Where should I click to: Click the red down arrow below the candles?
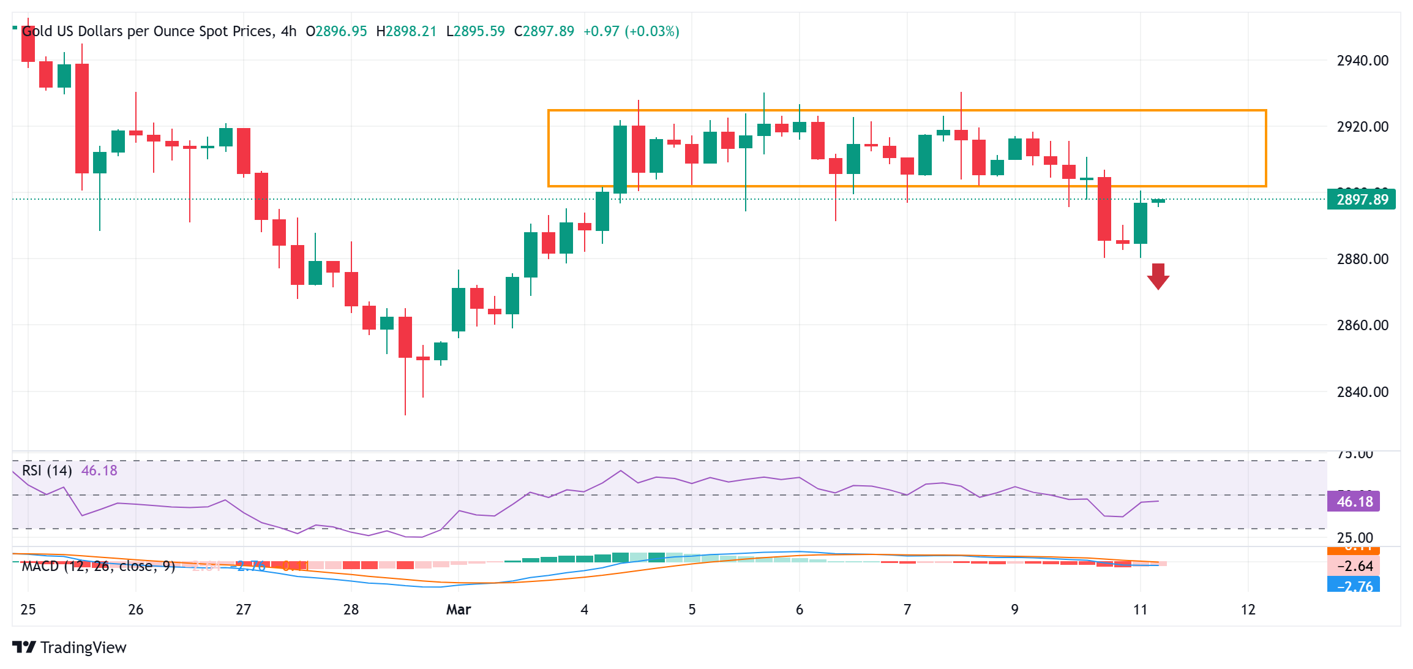[x=1158, y=276]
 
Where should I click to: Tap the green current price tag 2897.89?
[x=1361, y=200]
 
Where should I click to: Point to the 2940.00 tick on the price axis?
[x=1362, y=61]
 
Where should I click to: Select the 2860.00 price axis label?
[x=1362, y=325]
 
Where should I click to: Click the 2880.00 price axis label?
[x=1362, y=259]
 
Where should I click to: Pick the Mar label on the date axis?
[x=458, y=610]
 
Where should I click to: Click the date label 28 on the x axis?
[x=351, y=610]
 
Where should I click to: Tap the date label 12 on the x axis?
[x=1248, y=610]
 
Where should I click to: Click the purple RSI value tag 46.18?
[x=1354, y=502]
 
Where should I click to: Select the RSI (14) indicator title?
[x=47, y=471]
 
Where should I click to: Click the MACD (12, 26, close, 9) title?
[x=98, y=566]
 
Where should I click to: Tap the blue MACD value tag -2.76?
[x=1354, y=586]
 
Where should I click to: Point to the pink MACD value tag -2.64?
[x=1354, y=566]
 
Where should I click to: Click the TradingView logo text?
[x=83, y=648]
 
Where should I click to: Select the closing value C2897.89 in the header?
[x=544, y=31]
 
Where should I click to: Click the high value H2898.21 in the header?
[x=406, y=31]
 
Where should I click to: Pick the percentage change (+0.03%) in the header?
[x=651, y=31]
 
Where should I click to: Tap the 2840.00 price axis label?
[x=1362, y=392]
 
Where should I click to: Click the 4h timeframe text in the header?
[x=288, y=31]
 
